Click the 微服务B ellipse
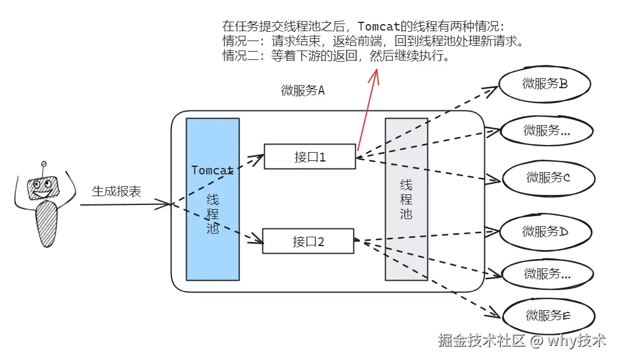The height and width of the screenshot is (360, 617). (544, 85)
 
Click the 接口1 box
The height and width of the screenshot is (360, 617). (309, 157)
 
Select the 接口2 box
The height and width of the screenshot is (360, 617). (308, 241)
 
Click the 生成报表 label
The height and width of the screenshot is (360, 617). (116, 192)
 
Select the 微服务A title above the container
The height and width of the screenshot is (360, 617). (303, 91)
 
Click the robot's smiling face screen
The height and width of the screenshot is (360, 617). (43, 188)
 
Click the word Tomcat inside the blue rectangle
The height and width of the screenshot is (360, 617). (213, 170)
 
